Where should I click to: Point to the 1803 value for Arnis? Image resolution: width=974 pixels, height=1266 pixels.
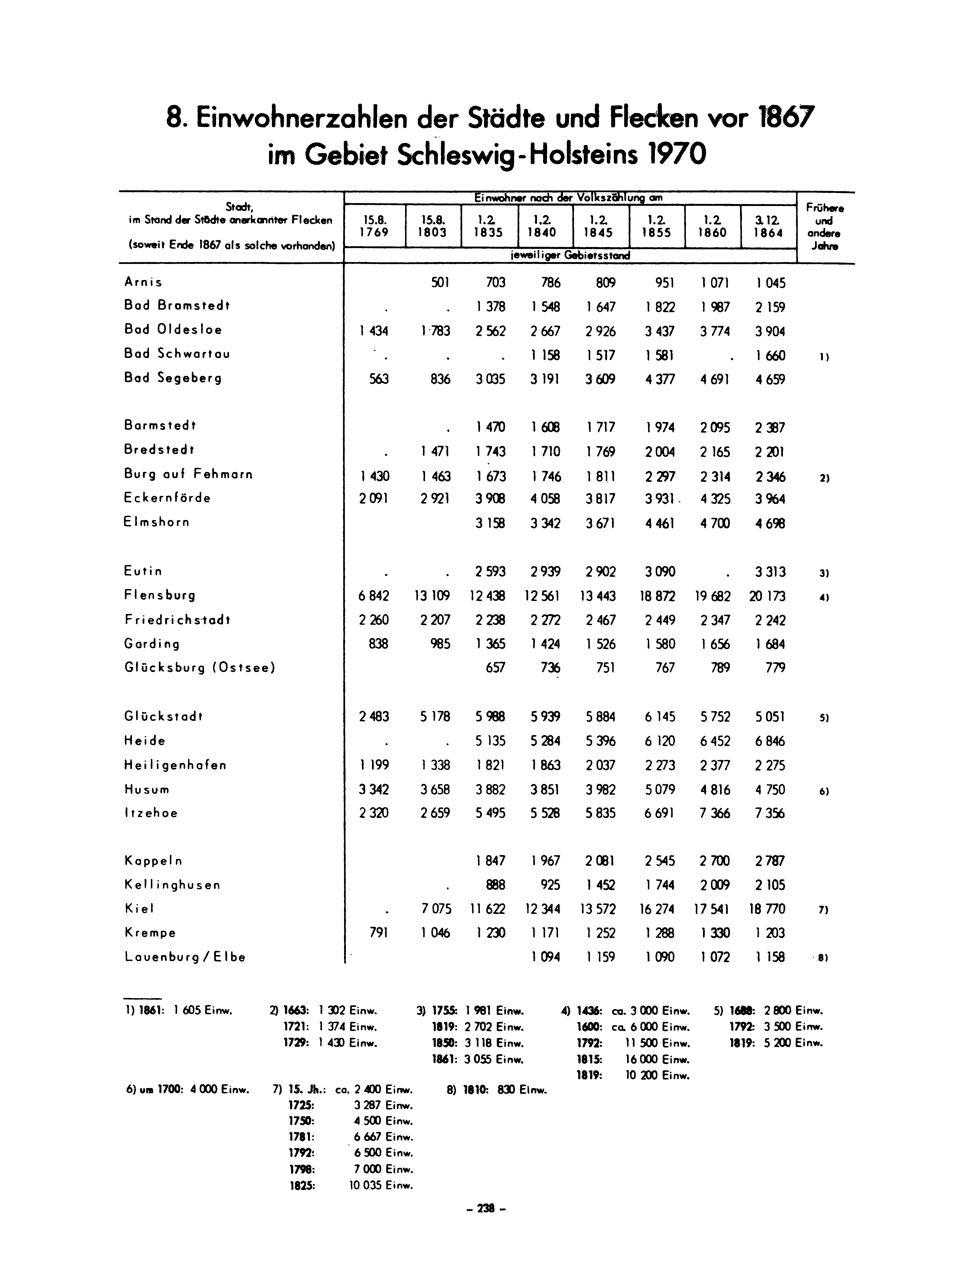pos(440,283)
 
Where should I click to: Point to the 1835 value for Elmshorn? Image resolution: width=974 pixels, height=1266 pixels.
pos(490,524)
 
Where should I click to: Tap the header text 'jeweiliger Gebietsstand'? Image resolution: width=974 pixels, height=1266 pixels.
pos(570,255)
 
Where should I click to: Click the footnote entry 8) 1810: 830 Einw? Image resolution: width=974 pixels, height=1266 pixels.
pos(497,1090)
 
